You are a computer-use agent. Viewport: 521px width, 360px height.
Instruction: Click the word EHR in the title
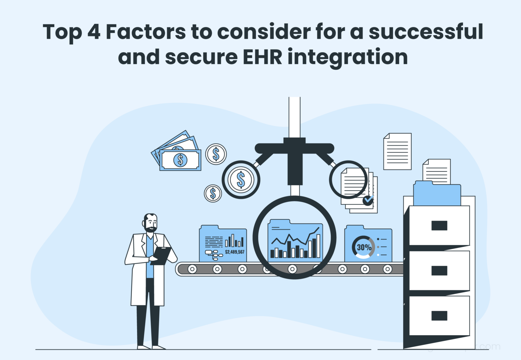[x=262, y=57]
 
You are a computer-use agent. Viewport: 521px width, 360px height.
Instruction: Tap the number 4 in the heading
[x=94, y=32]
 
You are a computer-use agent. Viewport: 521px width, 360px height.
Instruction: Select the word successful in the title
[x=426, y=32]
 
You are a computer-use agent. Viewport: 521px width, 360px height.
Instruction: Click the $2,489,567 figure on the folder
[x=234, y=252]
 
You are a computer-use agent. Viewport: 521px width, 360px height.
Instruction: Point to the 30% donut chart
[x=363, y=247]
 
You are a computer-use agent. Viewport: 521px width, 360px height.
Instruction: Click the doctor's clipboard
[x=162, y=255]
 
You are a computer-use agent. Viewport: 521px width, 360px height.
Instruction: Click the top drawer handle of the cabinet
[x=439, y=225]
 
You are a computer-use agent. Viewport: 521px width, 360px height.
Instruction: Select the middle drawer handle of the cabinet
[x=439, y=271]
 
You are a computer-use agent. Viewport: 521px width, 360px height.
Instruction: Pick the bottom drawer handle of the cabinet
[x=439, y=316]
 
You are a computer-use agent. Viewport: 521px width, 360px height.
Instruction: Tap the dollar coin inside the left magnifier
[x=241, y=179]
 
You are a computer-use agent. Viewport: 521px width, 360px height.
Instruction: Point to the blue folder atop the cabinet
[x=437, y=194]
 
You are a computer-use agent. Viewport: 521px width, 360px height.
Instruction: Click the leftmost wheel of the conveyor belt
[x=192, y=269]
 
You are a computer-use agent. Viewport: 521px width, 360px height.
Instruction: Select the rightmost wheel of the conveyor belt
[x=387, y=269]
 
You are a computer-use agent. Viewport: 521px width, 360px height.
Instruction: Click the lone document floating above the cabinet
[x=397, y=151]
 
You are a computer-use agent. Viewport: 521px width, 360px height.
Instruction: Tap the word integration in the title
[x=347, y=57]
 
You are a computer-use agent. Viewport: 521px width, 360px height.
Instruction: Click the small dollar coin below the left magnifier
[x=213, y=194]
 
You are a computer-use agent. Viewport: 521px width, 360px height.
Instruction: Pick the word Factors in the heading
[x=146, y=32]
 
